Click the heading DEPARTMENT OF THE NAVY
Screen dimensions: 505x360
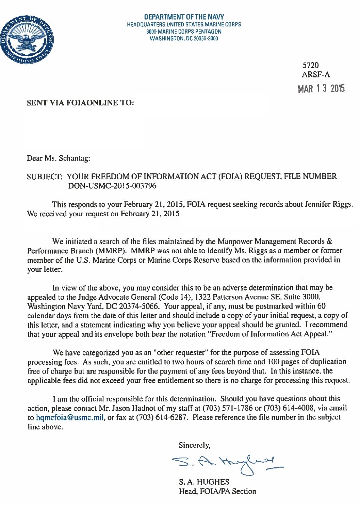point(184,17)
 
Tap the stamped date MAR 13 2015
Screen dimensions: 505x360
point(321,88)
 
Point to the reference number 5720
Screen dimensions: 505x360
point(310,65)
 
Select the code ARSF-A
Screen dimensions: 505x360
point(316,75)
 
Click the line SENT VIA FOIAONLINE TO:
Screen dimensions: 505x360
point(81,103)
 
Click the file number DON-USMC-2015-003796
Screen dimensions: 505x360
point(112,186)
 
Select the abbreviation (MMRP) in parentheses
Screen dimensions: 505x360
point(110,251)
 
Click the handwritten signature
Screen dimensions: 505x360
point(227,462)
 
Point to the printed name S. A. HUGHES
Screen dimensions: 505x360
point(204,482)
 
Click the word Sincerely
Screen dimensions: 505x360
point(194,445)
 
